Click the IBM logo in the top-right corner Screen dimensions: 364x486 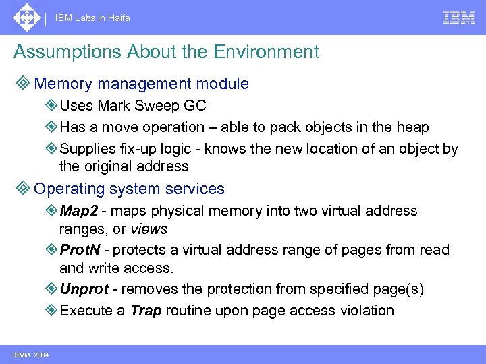point(459,18)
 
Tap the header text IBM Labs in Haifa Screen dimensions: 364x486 point(93,18)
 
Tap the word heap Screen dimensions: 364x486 point(414,127)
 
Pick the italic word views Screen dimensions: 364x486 point(150,229)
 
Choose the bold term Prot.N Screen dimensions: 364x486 point(80,250)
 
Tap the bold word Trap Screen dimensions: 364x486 point(146,311)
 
